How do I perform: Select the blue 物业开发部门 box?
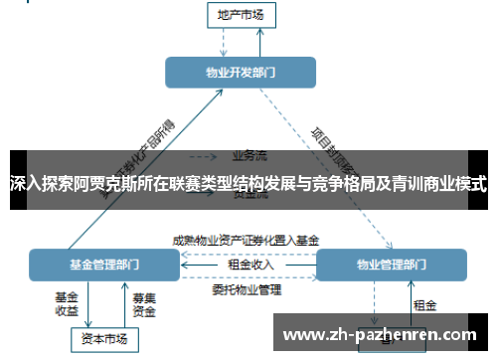240,73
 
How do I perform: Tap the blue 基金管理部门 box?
103,266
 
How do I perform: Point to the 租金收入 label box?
248,265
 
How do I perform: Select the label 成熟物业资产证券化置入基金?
246,241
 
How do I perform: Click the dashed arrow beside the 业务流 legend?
204,155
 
